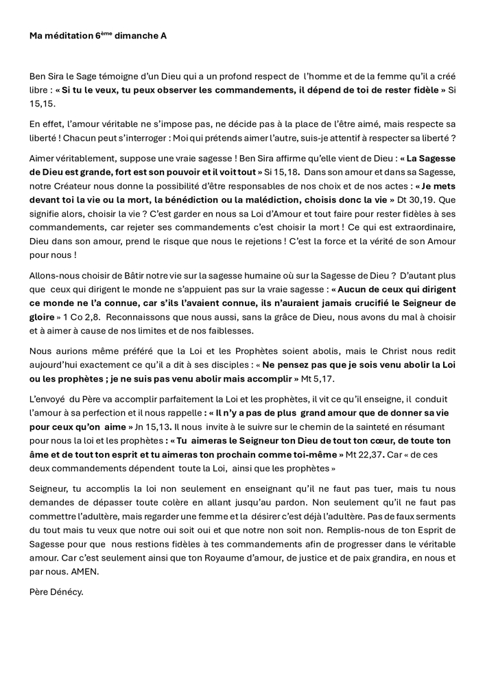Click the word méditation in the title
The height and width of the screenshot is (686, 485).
(69, 36)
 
